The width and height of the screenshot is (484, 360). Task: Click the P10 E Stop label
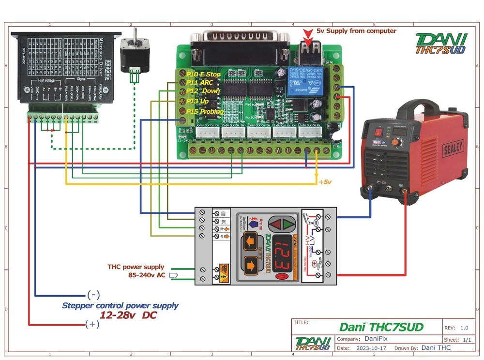[x=203, y=75]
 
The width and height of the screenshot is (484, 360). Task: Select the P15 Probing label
[x=205, y=112]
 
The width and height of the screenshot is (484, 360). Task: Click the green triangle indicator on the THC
[x=290, y=224]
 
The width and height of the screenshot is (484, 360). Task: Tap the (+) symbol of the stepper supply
[x=92, y=324]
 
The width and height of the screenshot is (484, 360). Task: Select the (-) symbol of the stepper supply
[x=93, y=295]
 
